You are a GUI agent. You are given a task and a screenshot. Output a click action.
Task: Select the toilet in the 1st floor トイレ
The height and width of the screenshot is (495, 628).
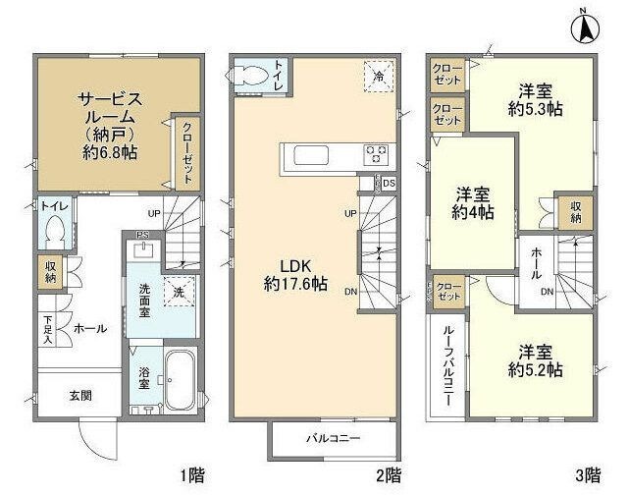click(55, 233)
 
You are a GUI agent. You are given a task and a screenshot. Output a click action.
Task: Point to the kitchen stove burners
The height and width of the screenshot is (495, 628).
click(376, 154)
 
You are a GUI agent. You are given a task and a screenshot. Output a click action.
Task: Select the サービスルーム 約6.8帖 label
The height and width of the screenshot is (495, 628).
click(111, 125)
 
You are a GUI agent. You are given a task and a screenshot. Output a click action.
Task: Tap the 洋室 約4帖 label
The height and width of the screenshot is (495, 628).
click(473, 202)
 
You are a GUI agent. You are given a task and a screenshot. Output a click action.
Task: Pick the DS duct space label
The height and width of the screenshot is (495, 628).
click(389, 183)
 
